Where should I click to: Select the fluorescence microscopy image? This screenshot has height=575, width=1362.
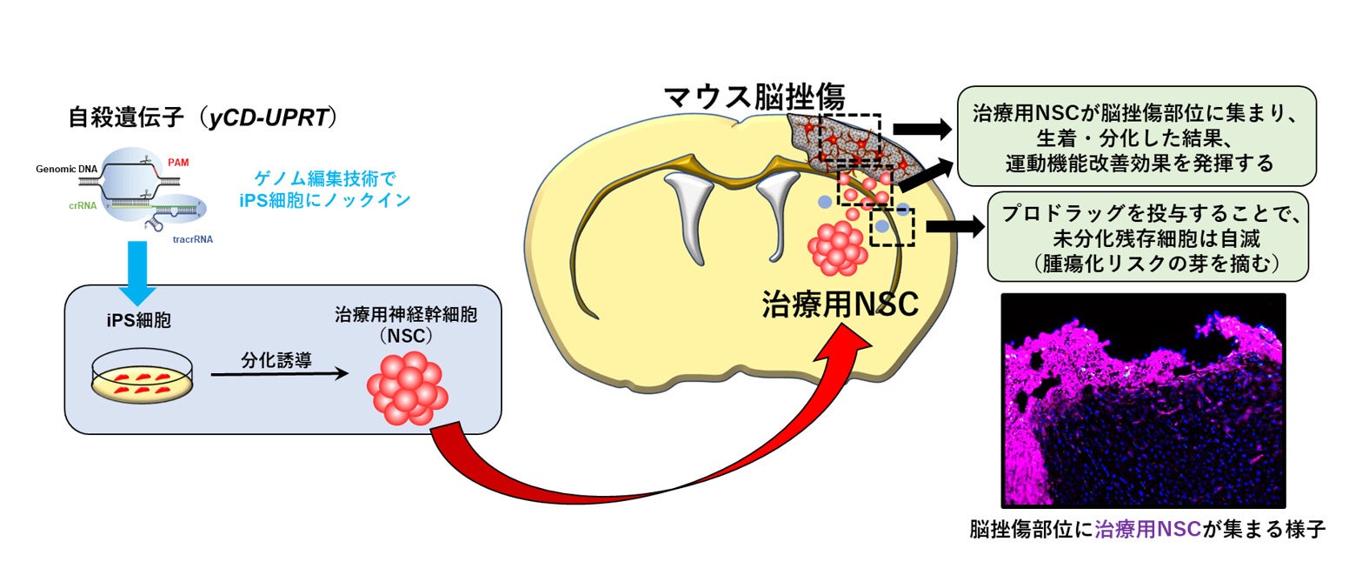(x=1143, y=400)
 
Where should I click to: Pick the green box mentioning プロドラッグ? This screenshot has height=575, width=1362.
(x=1148, y=237)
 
